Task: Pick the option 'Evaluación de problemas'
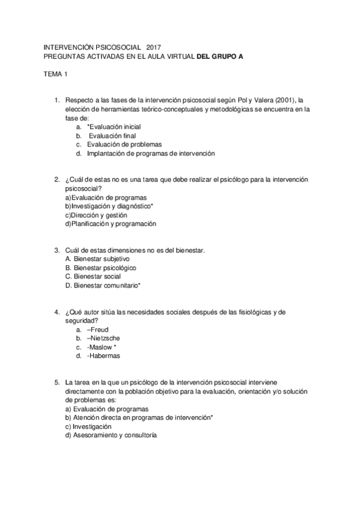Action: pos(124,144)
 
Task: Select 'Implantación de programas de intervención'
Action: pos(150,153)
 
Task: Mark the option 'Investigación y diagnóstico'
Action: pos(111,206)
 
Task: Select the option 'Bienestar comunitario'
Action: pos(104,285)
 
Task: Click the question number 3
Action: pos(56,250)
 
